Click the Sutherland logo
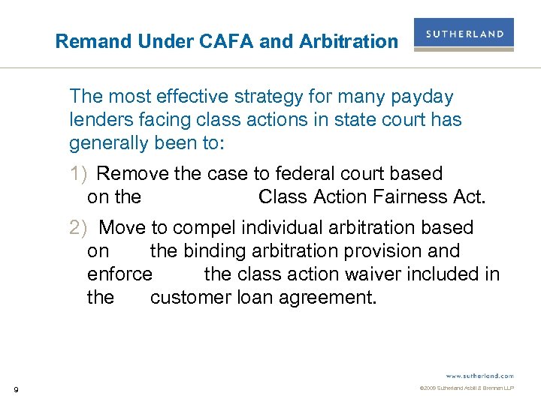pos(464,34)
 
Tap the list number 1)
pos(80,174)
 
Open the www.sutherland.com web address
pos(479,375)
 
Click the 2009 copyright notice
pos(466,388)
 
